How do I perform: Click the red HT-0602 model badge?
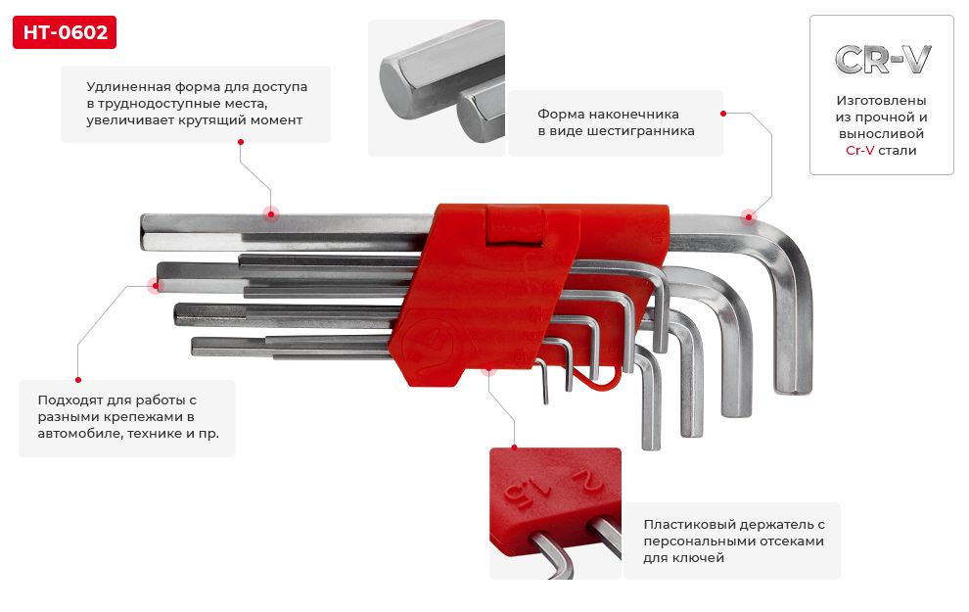[x=65, y=32]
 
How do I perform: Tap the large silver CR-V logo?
[x=882, y=60]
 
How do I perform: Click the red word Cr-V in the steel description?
[x=859, y=150]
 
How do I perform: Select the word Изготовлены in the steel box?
[x=881, y=100]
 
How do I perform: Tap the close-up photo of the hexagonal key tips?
[x=437, y=88]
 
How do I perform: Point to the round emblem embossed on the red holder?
[x=428, y=347]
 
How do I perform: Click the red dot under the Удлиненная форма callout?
[x=241, y=142]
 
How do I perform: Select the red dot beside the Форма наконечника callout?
[x=723, y=114]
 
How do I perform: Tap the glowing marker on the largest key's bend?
[x=749, y=216]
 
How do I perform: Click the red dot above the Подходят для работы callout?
[x=78, y=380]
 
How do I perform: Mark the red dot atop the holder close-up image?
[x=514, y=447]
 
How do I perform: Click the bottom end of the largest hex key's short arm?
[x=794, y=390]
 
